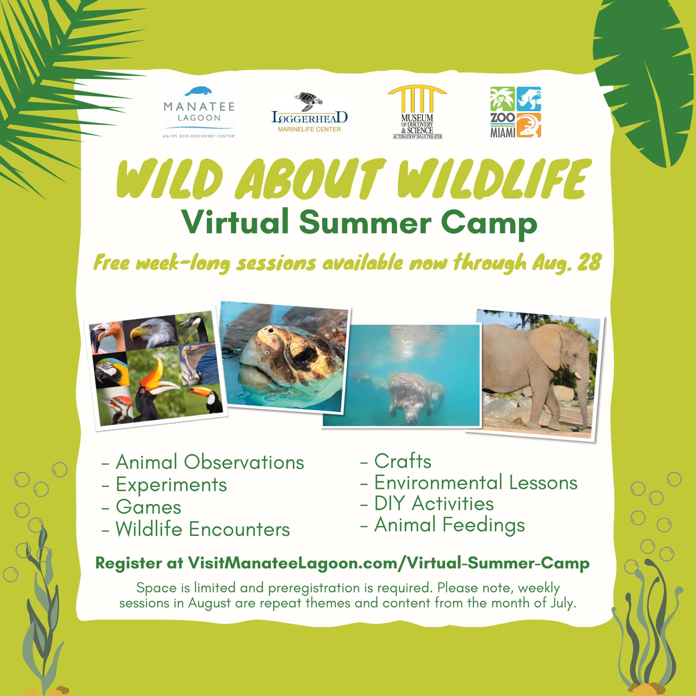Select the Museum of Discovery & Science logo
418,113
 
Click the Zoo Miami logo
516,112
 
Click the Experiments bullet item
164,485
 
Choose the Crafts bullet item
396,461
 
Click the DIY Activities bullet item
427,504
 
